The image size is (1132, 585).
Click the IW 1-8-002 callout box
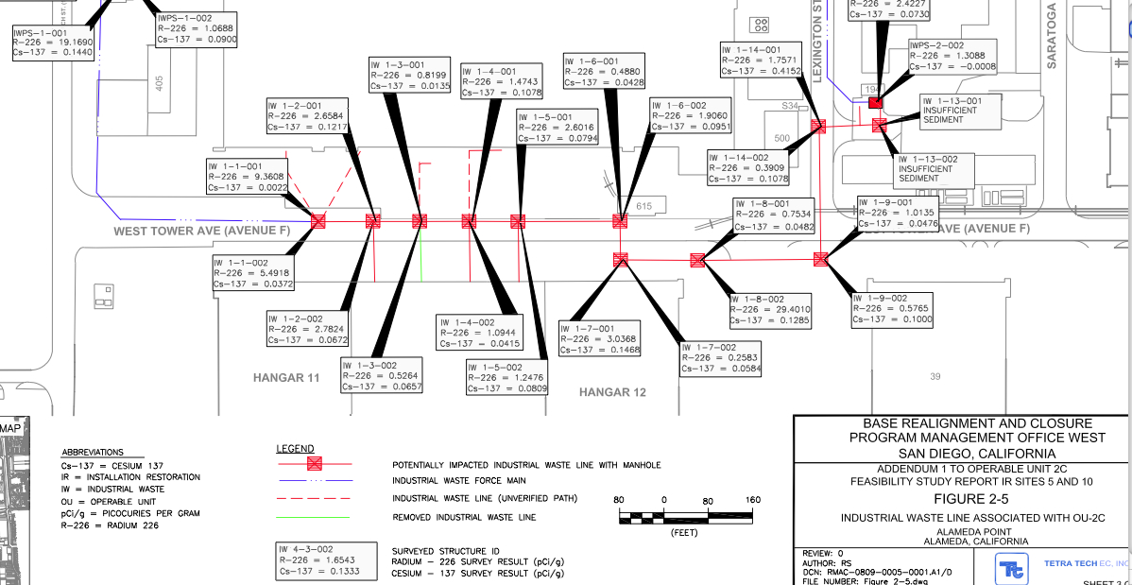click(x=769, y=310)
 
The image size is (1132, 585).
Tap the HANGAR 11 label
click(x=286, y=378)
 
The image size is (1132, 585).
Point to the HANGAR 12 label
click(x=612, y=392)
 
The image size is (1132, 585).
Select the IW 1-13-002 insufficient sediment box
click(x=934, y=169)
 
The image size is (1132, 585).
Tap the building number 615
click(x=644, y=206)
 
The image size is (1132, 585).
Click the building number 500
click(x=781, y=139)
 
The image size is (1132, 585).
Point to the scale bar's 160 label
click(x=753, y=500)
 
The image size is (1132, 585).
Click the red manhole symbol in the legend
click(x=315, y=464)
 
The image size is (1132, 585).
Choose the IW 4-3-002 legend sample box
click(x=318, y=560)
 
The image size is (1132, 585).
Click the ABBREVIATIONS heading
click(x=92, y=453)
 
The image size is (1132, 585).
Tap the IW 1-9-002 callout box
click(x=892, y=308)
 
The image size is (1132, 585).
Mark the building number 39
click(x=935, y=377)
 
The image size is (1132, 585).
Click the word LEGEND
click(x=295, y=448)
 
